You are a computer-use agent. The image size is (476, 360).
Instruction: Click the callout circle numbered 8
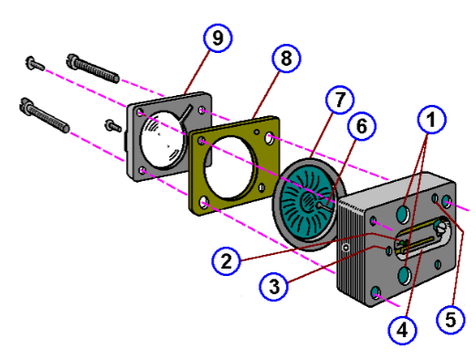point(286,59)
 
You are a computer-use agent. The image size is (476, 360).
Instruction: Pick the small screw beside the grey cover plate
point(112,123)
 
